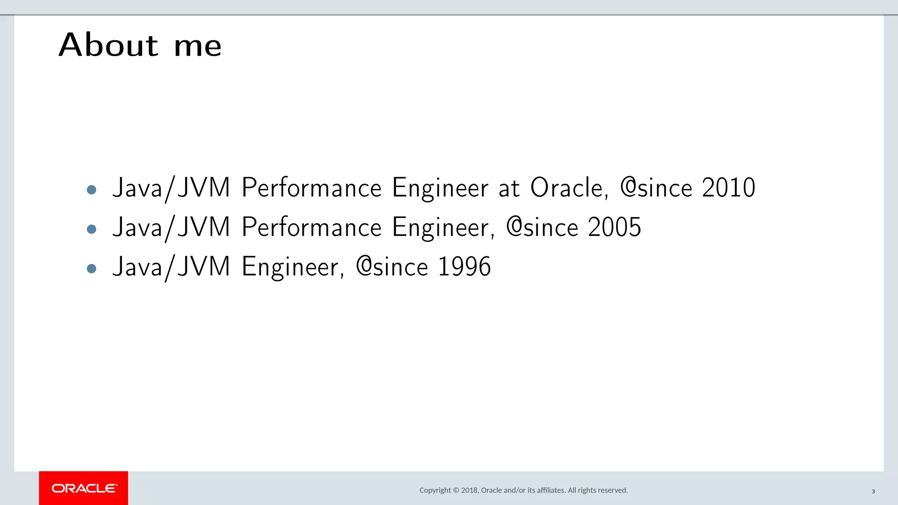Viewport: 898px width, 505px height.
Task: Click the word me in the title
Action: (x=198, y=46)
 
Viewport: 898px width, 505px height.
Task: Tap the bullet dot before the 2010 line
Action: (x=92, y=189)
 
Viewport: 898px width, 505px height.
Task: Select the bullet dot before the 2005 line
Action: (x=92, y=229)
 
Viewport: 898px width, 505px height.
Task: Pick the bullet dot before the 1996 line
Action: (x=92, y=268)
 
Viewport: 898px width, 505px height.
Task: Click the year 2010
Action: (x=728, y=188)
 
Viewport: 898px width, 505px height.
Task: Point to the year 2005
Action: (x=614, y=227)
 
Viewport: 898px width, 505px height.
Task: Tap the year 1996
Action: (x=464, y=267)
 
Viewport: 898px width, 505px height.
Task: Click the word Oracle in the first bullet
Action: (x=569, y=188)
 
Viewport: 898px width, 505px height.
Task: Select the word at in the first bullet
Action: (x=509, y=188)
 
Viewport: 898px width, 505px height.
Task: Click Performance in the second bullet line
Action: (x=312, y=227)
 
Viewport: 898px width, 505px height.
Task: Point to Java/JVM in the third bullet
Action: (x=171, y=267)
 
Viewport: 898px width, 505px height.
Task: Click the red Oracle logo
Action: (x=84, y=488)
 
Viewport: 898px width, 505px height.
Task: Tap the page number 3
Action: (x=873, y=491)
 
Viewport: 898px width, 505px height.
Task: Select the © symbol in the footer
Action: (x=456, y=490)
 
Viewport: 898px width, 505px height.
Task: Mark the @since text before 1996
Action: (x=392, y=267)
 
